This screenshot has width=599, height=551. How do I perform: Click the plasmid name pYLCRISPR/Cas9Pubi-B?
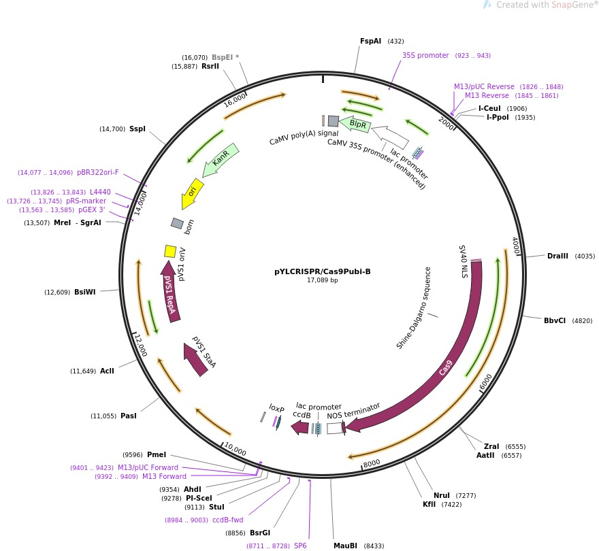(x=323, y=271)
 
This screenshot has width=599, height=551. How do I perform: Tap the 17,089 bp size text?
(x=323, y=280)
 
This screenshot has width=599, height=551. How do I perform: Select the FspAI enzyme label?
(x=370, y=41)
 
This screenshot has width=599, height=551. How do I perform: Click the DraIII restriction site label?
(x=557, y=256)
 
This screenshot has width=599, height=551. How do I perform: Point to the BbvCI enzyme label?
(x=554, y=320)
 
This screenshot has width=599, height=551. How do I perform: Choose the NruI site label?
(x=442, y=495)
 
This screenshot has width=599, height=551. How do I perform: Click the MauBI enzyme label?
(x=345, y=546)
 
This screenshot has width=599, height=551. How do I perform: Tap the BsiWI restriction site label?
(x=85, y=292)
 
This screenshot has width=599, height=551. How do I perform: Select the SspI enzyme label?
(x=137, y=129)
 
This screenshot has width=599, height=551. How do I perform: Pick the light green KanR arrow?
(x=221, y=160)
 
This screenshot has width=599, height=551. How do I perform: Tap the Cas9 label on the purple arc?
(x=445, y=368)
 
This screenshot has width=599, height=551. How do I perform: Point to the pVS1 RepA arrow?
(x=170, y=293)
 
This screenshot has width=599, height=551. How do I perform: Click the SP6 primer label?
(x=300, y=546)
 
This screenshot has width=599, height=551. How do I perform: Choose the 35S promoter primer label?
(x=425, y=56)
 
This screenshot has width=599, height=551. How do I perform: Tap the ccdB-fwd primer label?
(x=227, y=520)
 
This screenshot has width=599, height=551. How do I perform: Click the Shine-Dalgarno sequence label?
(x=414, y=308)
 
